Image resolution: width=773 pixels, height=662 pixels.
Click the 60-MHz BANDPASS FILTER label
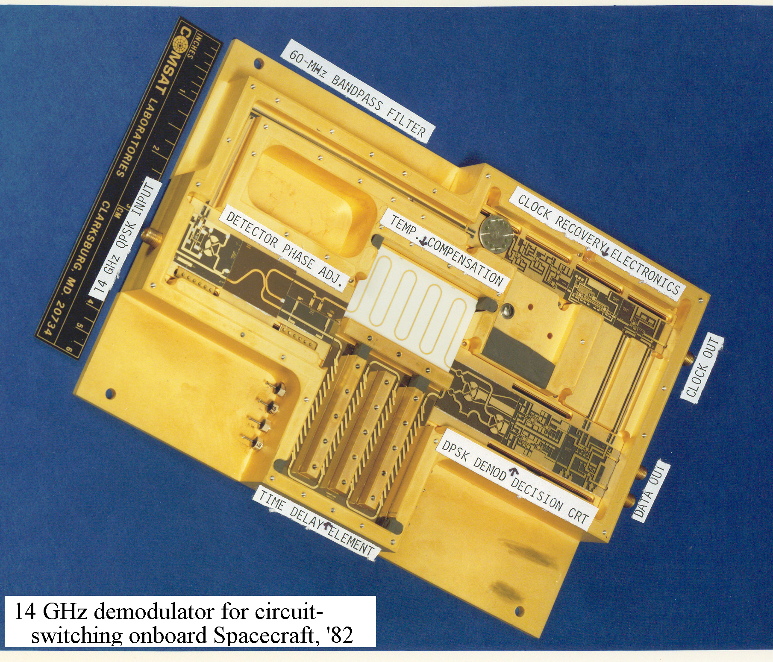pyautogui.click(x=358, y=92)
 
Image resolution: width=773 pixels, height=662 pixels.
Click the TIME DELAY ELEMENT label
pyautogui.click(x=316, y=524)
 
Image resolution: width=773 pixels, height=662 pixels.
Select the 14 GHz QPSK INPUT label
pyautogui.click(x=125, y=237)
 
